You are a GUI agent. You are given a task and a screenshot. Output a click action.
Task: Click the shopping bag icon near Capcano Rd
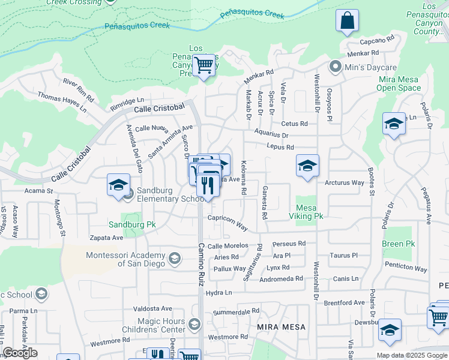point(347,21)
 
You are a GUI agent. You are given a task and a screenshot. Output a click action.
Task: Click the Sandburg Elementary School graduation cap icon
point(118,185)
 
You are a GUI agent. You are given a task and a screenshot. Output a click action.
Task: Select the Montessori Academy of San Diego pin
point(175,259)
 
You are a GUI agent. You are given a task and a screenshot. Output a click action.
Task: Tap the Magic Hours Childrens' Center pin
point(194,325)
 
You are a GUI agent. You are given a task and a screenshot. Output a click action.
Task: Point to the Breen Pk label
point(398,244)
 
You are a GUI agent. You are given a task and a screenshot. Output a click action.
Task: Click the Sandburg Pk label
point(132,225)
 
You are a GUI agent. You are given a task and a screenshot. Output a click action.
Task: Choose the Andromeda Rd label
point(281,279)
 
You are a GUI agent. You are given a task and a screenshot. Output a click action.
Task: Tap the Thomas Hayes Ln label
point(62,102)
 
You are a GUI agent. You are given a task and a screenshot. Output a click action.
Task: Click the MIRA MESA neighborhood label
point(281,327)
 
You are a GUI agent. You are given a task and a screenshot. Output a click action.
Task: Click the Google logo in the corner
point(20,353)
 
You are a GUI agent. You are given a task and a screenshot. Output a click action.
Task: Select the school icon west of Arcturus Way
point(307,166)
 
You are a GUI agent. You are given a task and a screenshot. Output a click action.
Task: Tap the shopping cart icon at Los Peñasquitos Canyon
point(203,64)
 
